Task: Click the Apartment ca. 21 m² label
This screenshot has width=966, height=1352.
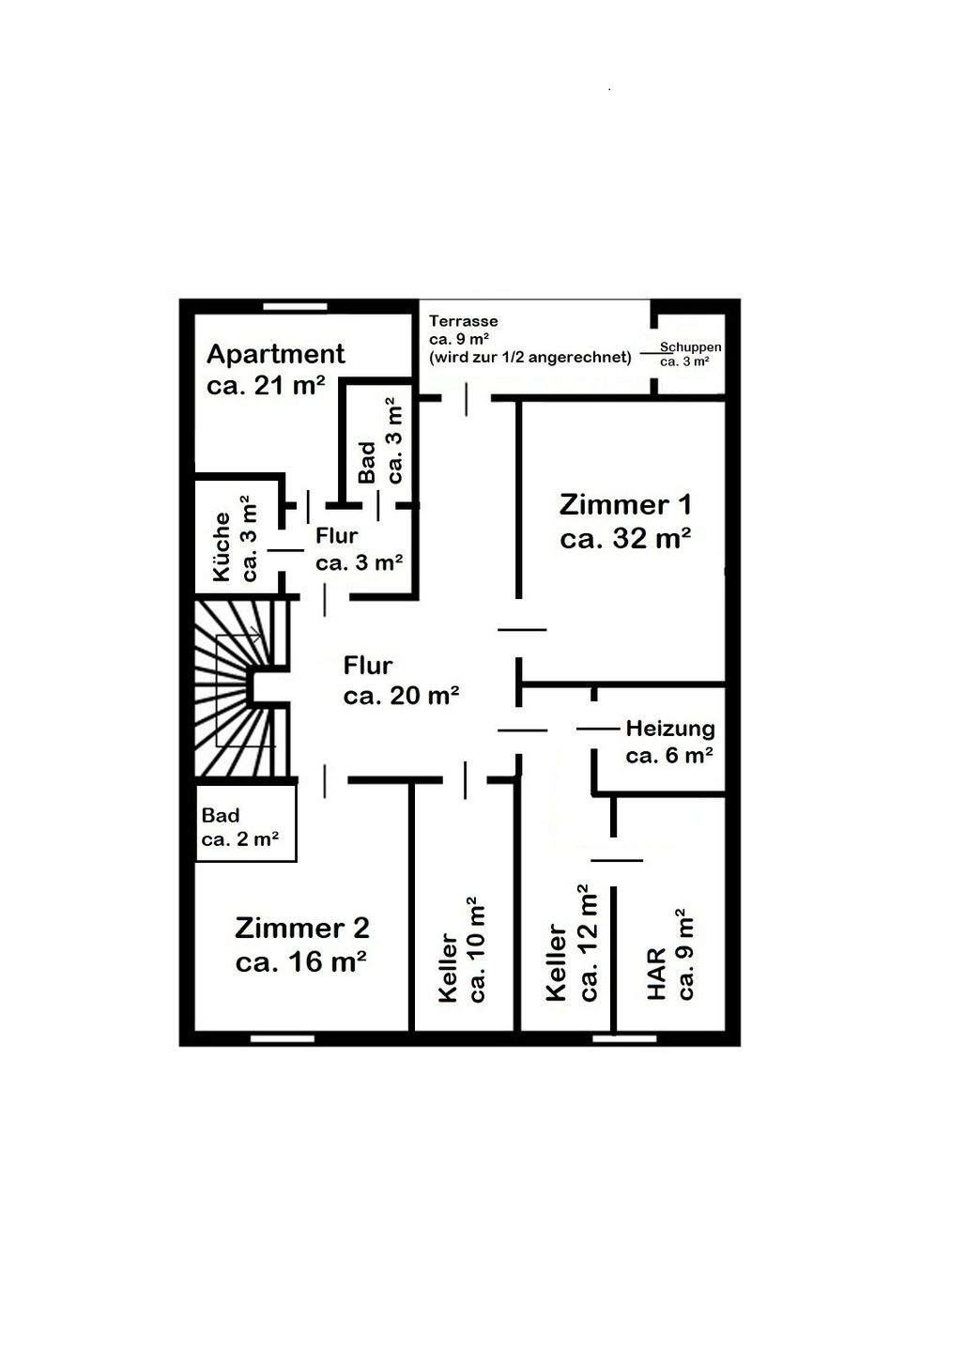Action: pos(275,369)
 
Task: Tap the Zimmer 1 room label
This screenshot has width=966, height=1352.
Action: pos(625,521)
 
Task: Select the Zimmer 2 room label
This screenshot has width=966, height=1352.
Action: pos(301,945)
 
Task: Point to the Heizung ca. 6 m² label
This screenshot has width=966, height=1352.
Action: pos(669,742)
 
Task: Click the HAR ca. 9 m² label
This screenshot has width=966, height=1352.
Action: pos(670,956)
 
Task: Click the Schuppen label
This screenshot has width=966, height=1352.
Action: pos(690,347)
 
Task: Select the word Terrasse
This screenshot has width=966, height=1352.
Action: pos(464,321)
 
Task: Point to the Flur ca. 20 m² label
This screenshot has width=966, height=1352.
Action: pos(401,681)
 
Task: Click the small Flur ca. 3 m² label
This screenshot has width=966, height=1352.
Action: pos(359,549)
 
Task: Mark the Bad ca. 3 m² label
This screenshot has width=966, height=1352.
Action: pos(380,441)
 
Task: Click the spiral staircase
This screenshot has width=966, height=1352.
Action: pos(240,688)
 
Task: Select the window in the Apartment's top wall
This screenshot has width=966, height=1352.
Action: pos(295,307)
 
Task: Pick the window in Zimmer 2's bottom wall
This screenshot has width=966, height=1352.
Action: pos(282,1038)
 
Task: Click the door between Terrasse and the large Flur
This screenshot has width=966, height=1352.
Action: pos(467,399)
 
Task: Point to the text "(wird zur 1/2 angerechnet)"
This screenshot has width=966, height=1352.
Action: pos(529,358)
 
